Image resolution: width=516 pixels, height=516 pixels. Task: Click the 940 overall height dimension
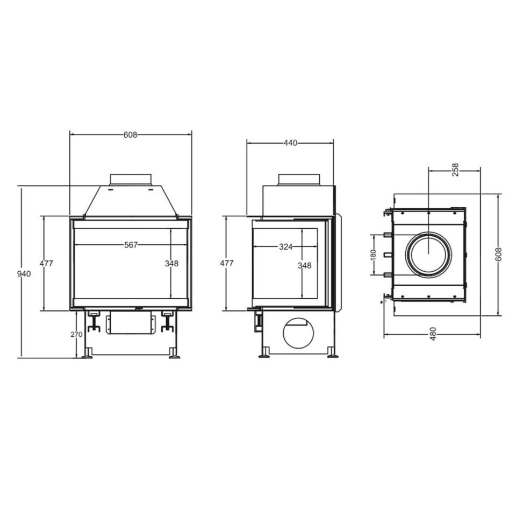click(x=24, y=274)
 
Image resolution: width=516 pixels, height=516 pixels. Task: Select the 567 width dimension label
click(x=131, y=245)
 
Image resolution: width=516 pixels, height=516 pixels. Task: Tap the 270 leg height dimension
click(x=76, y=335)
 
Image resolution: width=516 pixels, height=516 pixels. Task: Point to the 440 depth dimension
click(x=290, y=143)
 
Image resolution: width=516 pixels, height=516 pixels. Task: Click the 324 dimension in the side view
click(x=285, y=246)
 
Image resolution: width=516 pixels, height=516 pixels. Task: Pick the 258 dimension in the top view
click(x=455, y=169)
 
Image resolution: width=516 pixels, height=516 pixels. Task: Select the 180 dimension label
click(x=372, y=255)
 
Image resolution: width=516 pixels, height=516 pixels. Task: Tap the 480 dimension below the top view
click(x=433, y=334)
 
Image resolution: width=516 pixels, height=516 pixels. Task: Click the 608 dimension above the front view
click(x=130, y=135)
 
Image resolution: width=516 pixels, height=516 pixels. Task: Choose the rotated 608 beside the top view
click(x=498, y=255)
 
